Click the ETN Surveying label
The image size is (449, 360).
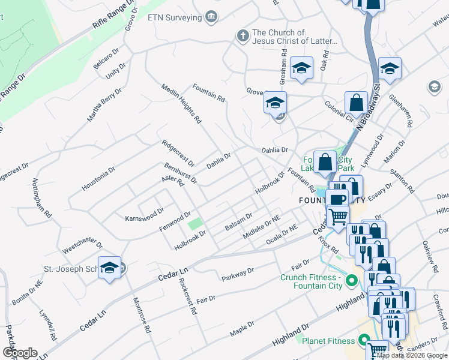[175, 17]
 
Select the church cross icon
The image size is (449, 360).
[243, 37]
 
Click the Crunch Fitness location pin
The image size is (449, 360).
[351, 280]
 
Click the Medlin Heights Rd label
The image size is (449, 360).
[181, 104]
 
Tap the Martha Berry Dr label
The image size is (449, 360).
[104, 105]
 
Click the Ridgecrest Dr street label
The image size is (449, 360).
[178, 153]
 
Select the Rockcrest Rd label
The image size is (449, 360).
[188, 296]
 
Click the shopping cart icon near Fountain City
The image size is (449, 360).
[339, 215]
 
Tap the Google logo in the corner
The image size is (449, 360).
[20, 353]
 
